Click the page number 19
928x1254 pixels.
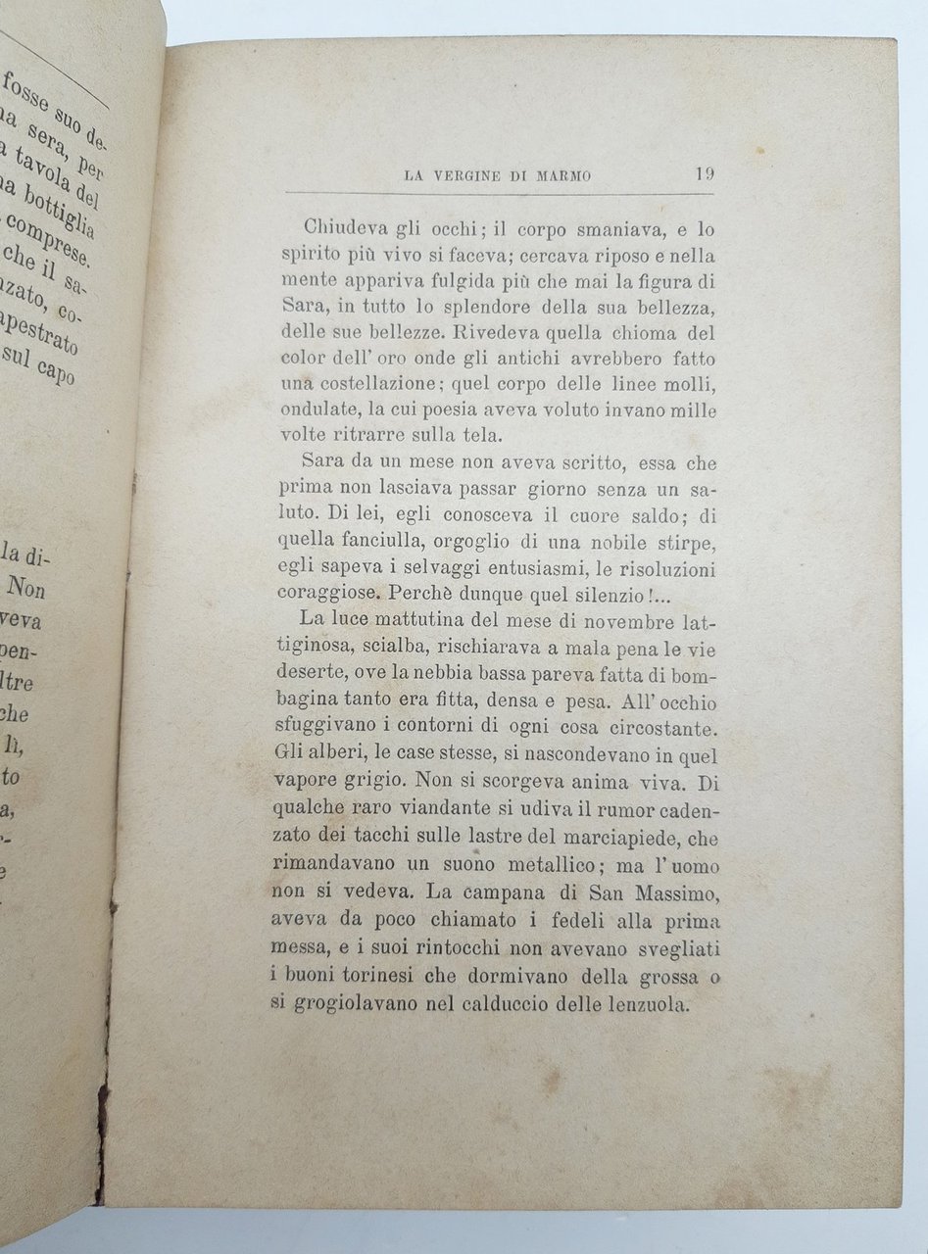point(703,175)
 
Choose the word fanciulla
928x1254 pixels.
point(376,541)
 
